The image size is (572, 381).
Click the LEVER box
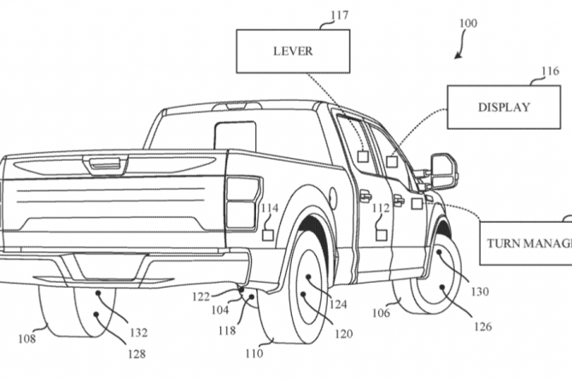click(x=293, y=51)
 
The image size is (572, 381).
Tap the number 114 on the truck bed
click(x=269, y=208)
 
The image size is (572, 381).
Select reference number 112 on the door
click(x=380, y=208)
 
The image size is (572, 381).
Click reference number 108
click(x=28, y=338)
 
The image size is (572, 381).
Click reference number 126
click(x=483, y=325)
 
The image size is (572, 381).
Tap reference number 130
click(x=480, y=290)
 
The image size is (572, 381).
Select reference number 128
click(x=136, y=352)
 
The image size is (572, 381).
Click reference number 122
click(x=201, y=296)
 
